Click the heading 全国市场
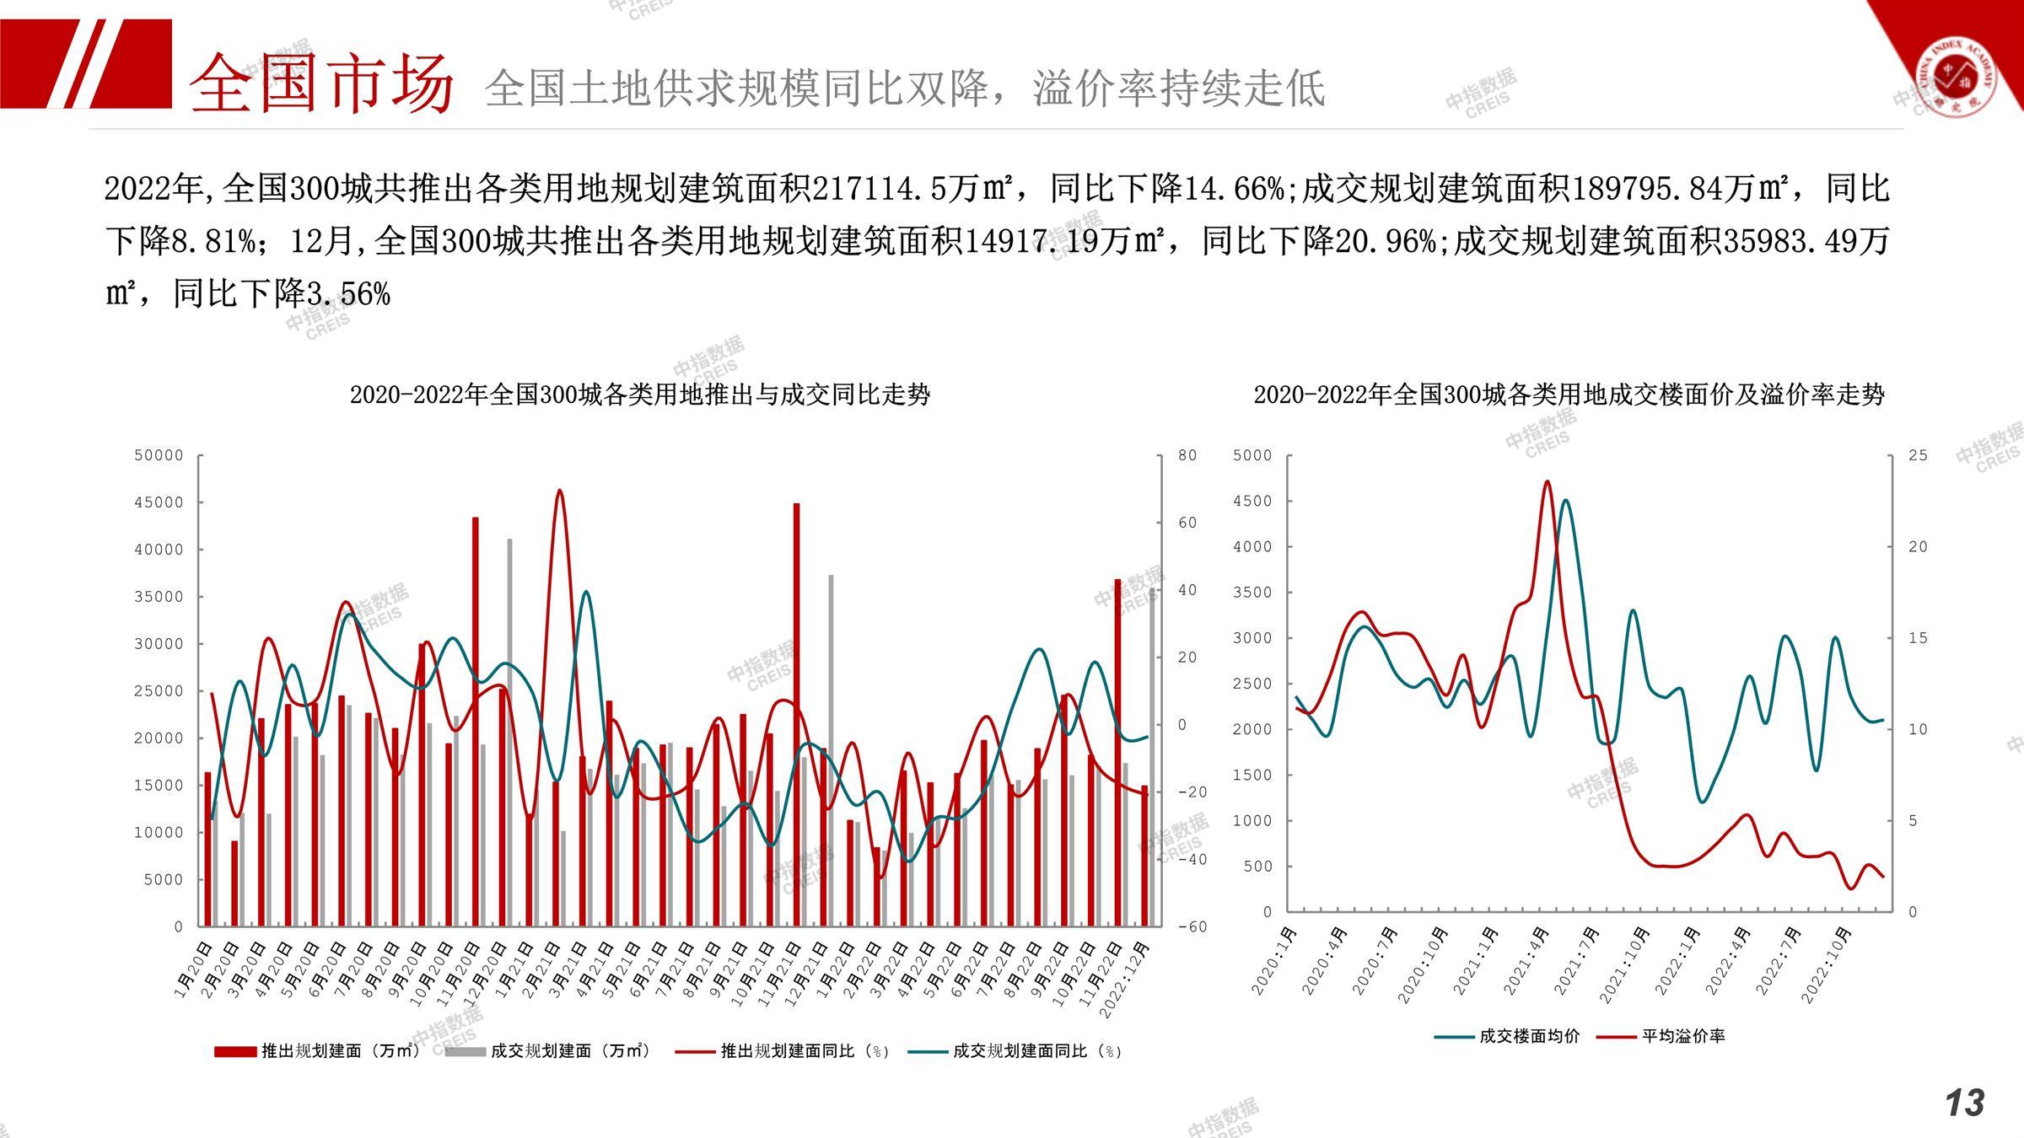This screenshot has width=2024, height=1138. pyautogui.click(x=320, y=83)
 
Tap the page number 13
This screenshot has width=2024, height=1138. pyautogui.click(x=1965, y=1103)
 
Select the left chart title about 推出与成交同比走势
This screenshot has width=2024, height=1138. pyautogui.click(x=639, y=395)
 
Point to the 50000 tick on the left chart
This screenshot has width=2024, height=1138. pyautogui.click(x=159, y=455)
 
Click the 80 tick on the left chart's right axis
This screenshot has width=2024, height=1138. pyautogui.click(x=1187, y=455)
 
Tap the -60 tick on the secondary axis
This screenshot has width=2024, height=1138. pyautogui.click(x=1191, y=926)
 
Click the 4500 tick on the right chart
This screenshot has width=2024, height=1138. pyautogui.click(x=1252, y=501)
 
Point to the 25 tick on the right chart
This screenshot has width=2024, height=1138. pyautogui.click(x=1918, y=455)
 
